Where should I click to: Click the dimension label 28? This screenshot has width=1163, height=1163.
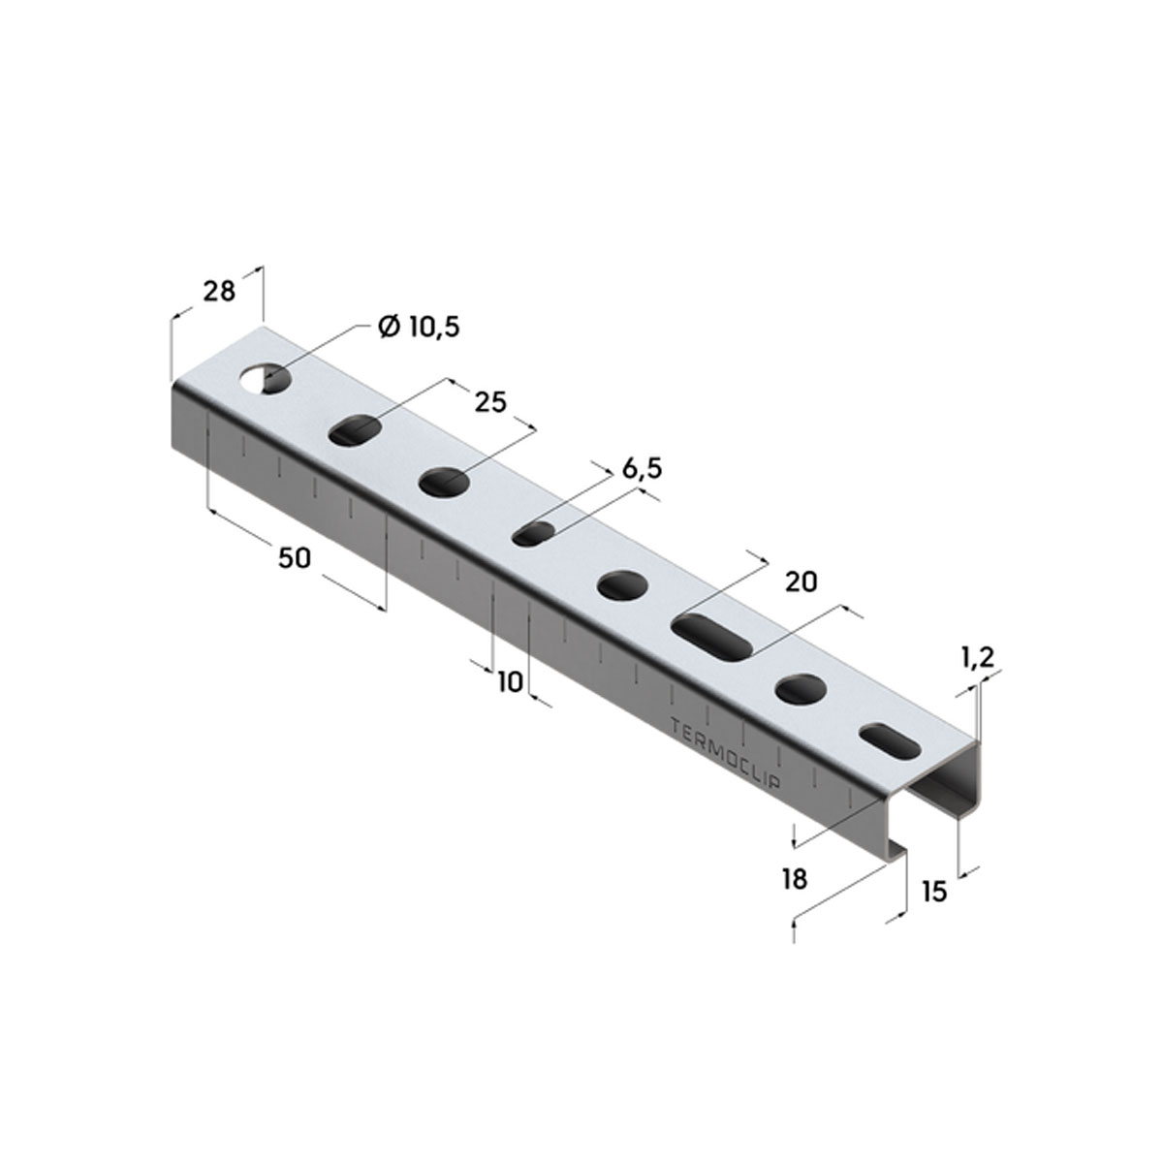point(218,292)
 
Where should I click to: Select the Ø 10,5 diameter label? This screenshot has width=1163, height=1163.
point(419,327)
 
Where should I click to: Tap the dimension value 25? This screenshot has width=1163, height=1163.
point(490,402)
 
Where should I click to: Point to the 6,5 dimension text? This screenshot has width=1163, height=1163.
point(643,468)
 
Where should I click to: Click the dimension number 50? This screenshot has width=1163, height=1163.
point(295,558)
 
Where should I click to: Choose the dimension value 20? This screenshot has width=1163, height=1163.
point(802,581)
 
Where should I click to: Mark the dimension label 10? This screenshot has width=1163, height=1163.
point(510,682)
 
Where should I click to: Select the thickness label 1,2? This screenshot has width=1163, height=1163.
point(978,657)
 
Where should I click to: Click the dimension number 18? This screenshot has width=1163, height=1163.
point(795,879)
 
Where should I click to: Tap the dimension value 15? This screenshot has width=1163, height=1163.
point(934,908)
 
